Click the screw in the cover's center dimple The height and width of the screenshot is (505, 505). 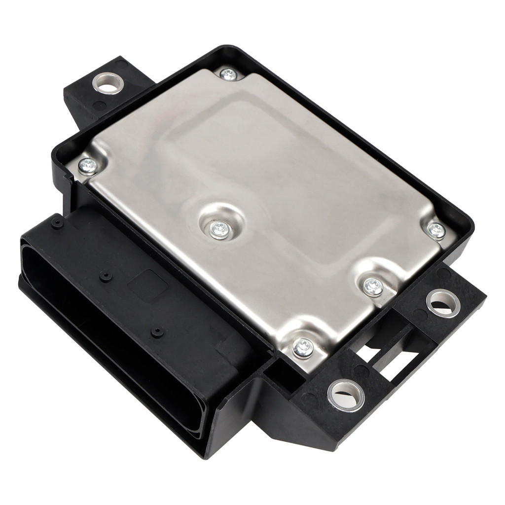219,229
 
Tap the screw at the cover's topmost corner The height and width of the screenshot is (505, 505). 228,74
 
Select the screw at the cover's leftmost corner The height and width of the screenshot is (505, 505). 88,166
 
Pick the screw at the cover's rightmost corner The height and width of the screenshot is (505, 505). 436,230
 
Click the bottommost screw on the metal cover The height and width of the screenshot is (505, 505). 303,348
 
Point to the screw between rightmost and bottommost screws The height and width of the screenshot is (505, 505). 373,287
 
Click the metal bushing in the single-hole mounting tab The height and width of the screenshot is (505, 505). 108,83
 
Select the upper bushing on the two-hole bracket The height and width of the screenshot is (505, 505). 443,303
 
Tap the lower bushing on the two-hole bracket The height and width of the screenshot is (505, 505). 346,395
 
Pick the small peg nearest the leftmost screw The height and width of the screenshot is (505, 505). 57,223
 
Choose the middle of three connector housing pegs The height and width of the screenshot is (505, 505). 106,276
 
